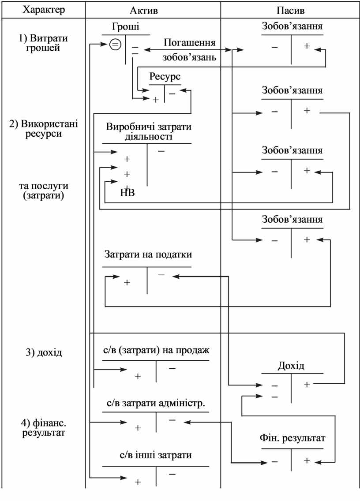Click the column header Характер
click(x=44, y=10)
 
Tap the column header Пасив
click(x=290, y=10)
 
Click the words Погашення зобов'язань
click(x=189, y=49)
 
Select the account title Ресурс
click(x=165, y=77)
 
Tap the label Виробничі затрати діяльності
click(x=149, y=131)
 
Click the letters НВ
click(x=127, y=193)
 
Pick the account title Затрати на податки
click(x=148, y=254)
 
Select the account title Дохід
click(x=291, y=366)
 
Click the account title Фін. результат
click(x=292, y=438)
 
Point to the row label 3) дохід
click(x=44, y=352)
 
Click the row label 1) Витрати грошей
click(x=43, y=43)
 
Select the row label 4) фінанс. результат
click(x=44, y=428)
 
